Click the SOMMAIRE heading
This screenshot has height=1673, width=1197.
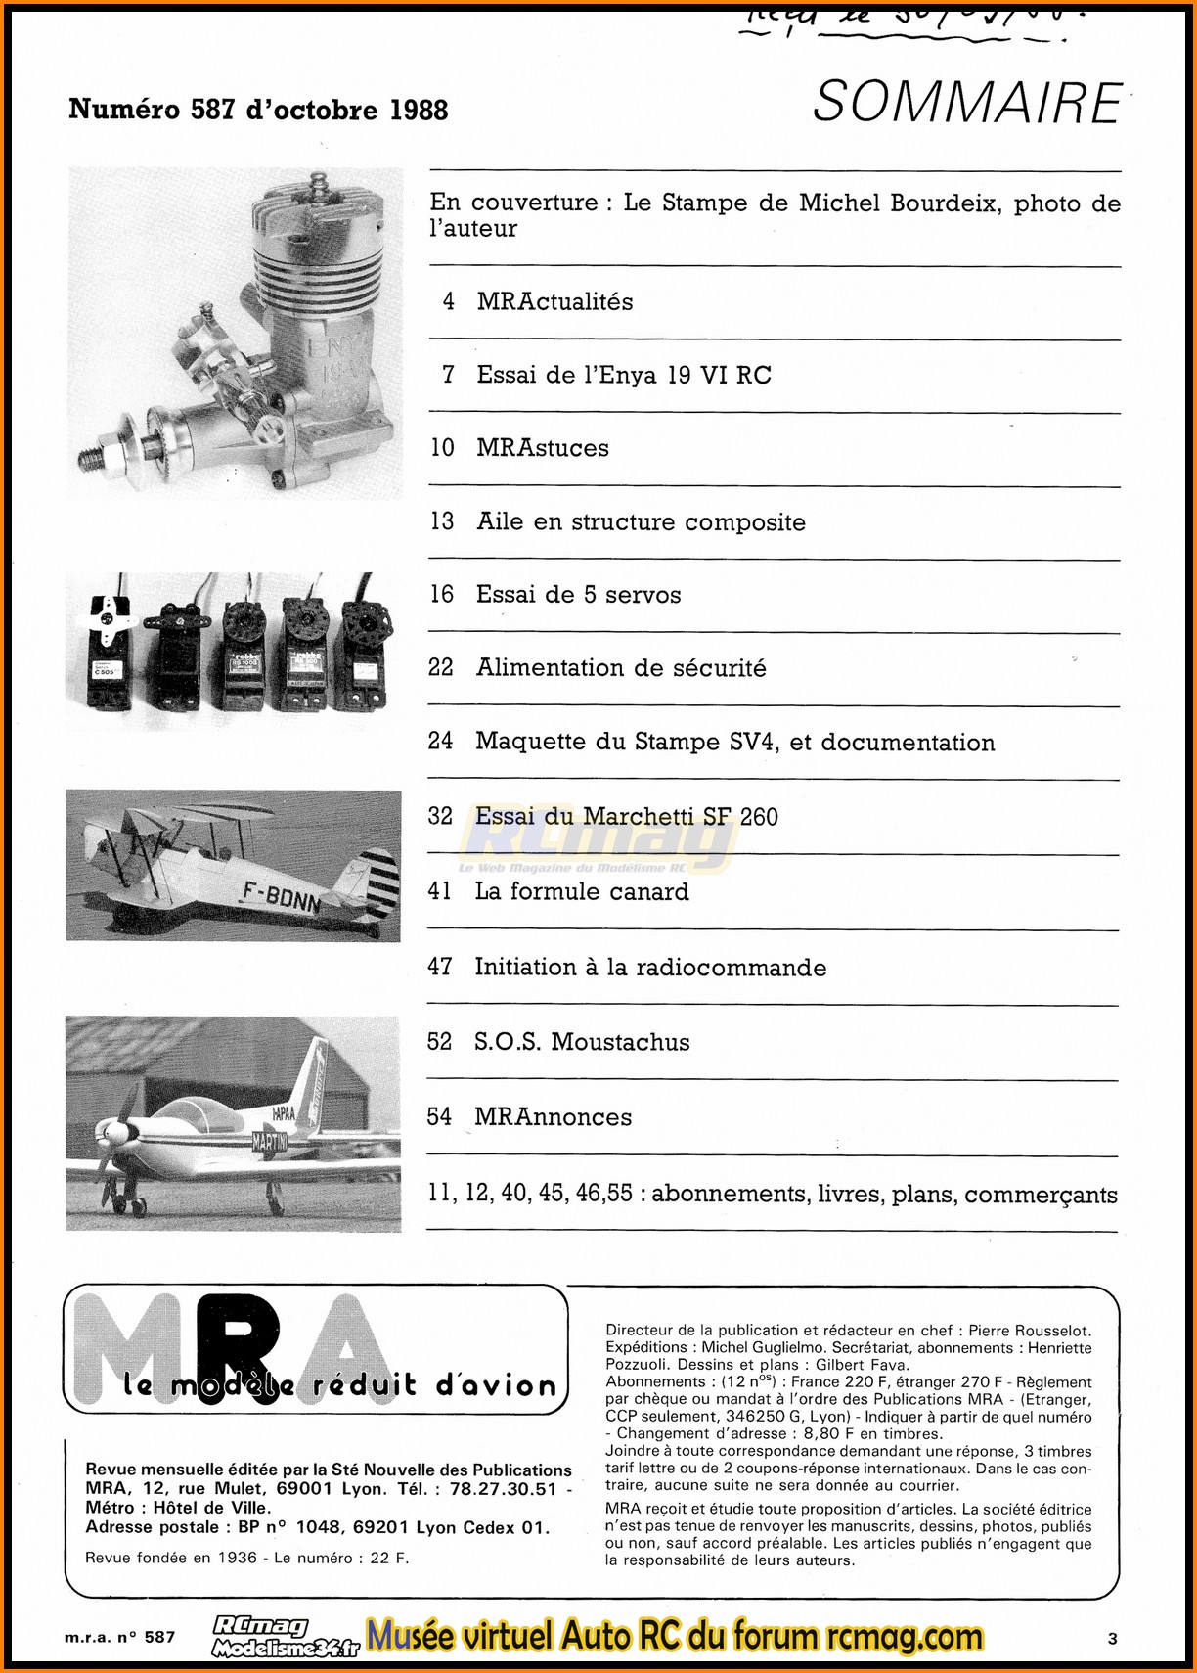[x=966, y=103]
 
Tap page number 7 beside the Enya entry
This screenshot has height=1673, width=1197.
[x=448, y=375]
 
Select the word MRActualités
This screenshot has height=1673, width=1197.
[x=554, y=301]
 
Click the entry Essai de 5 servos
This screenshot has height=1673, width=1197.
[x=578, y=595]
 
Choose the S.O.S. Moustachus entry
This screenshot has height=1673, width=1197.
[x=582, y=1042]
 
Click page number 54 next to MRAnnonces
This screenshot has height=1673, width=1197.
[x=439, y=1117]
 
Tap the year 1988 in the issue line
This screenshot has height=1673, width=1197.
[x=419, y=110]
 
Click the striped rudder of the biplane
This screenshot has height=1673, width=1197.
[x=379, y=883]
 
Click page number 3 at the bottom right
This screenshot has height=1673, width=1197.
[x=1112, y=1639]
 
